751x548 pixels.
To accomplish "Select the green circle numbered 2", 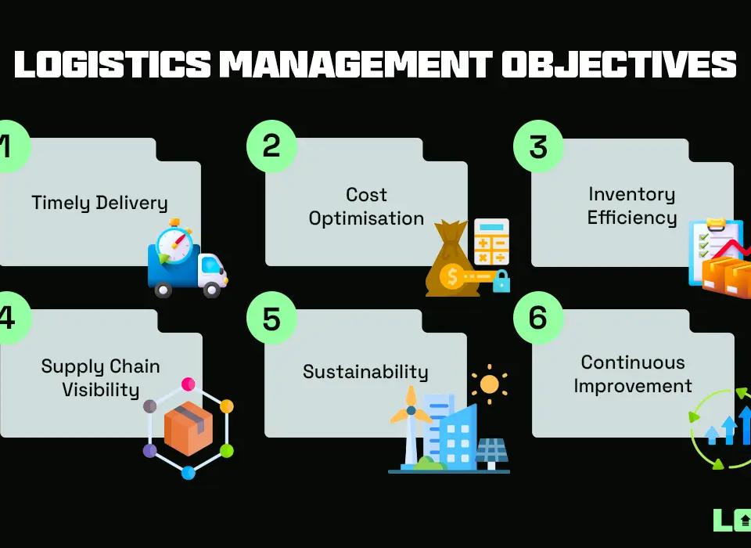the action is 271,146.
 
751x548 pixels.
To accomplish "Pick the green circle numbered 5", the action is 271,320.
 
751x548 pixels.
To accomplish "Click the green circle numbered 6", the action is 537,320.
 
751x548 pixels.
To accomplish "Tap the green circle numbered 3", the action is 537,146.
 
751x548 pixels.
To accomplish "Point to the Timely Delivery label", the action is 99,204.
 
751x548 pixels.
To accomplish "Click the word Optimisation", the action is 366,219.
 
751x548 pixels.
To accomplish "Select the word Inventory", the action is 631,194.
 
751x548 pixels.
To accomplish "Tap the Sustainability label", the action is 365,372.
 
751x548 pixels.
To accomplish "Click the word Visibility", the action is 100,389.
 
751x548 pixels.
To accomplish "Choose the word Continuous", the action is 633,362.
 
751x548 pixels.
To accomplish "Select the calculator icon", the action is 491,242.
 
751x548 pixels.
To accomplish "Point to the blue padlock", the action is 501,280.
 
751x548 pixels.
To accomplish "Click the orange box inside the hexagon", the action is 189,428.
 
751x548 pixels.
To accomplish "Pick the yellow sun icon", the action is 490,384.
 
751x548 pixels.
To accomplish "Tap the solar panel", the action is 492,451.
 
